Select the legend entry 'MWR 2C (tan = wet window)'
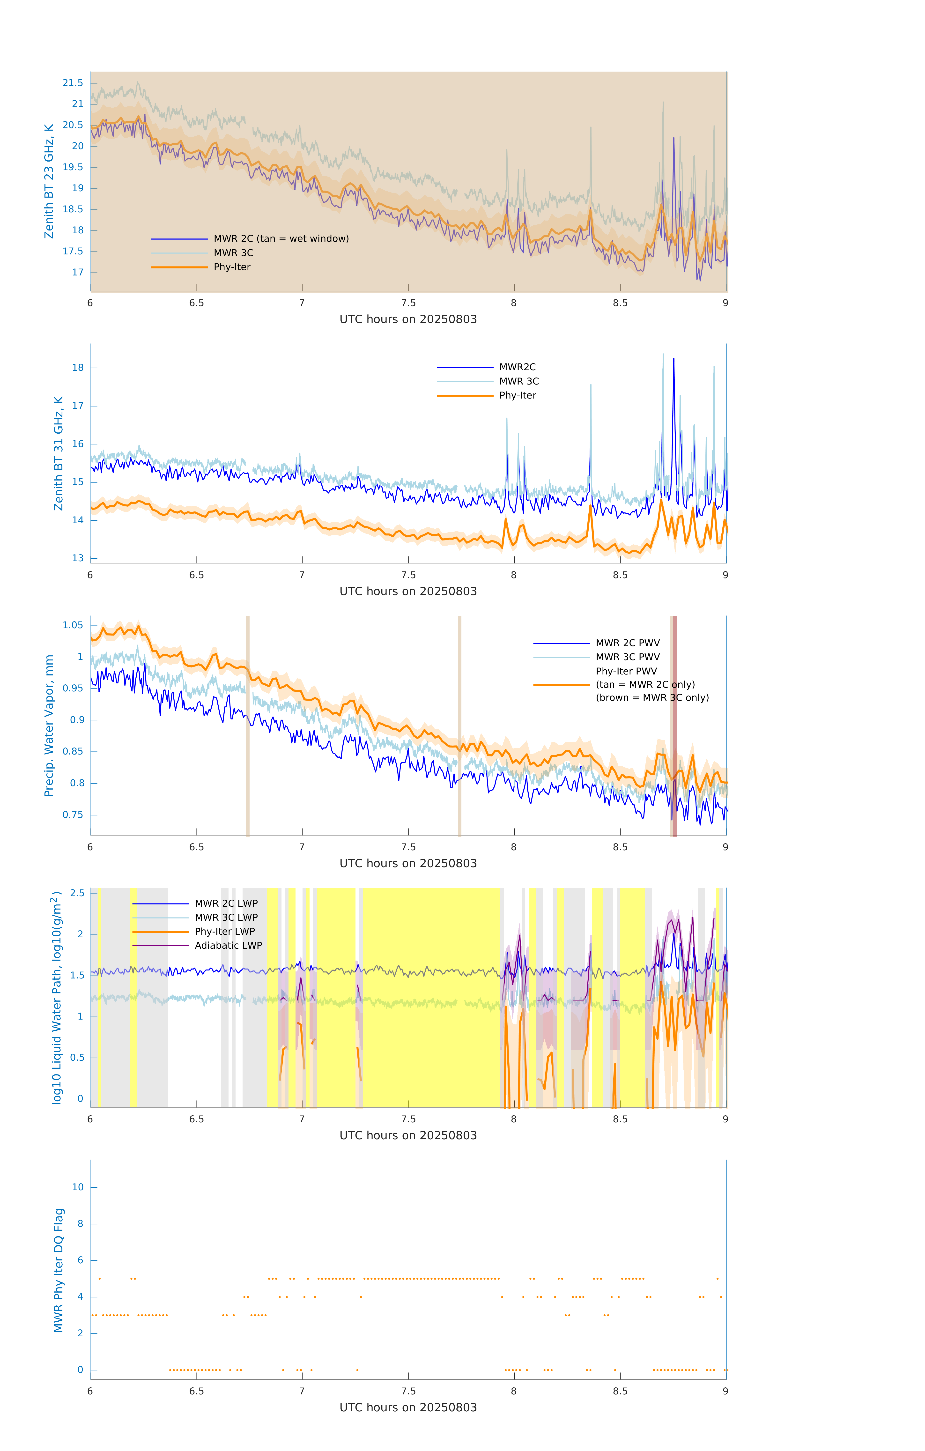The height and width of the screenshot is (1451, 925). pyautogui.click(x=281, y=239)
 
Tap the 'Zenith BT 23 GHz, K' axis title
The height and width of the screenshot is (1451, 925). pyautogui.click(x=49, y=181)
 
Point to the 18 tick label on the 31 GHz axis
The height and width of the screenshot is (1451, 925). pyautogui.click(x=78, y=368)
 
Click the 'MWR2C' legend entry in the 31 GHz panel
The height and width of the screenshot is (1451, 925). pyautogui.click(x=517, y=367)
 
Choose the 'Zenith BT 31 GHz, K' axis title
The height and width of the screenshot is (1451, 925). pyautogui.click(x=59, y=453)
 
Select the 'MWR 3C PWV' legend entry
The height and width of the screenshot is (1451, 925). pyautogui.click(x=627, y=657)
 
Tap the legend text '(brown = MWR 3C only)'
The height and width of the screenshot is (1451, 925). pyautogui.click(x=652, y=698)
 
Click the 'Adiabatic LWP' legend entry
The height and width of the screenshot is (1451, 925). pyautogui.click(x=228, y=945)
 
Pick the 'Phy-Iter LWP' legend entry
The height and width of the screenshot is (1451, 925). pyautogui.click(x=225, y=932)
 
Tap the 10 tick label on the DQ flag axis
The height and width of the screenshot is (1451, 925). pyautogui.click(x=78, y=1187)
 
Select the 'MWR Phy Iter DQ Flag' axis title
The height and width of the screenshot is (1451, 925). pyautogui.click(x=59, y=1270)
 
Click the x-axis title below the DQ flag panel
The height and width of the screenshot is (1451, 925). pyautogui.click(x=408, y=1408)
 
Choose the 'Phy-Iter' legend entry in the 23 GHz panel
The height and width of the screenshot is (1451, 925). pyautogui.click(x=232, y=267)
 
